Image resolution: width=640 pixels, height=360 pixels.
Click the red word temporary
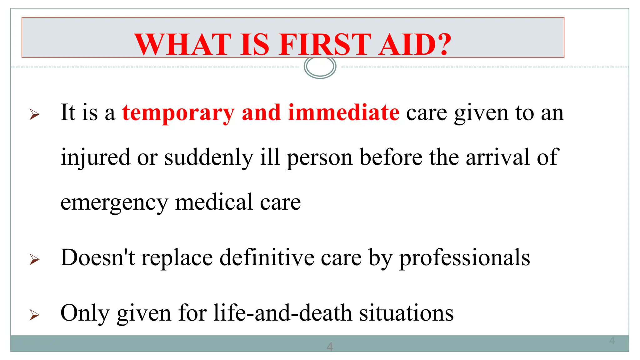coord(178,113)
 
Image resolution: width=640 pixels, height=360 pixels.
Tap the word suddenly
coord(209,157)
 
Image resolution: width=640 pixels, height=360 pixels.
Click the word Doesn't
coord(98,257)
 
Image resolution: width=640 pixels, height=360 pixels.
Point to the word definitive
coord(267,257)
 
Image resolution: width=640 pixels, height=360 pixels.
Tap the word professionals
coord(465,258)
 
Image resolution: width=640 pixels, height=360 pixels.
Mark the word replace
coord(177,258)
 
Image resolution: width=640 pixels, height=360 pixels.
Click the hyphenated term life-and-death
coord(283,313)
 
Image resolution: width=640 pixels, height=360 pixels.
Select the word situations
coord(406,313)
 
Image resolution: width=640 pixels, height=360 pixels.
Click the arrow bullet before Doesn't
coord(34,259)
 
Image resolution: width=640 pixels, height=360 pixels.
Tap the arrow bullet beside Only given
coord(34,315)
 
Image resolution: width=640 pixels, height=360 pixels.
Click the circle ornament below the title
coord(320,67)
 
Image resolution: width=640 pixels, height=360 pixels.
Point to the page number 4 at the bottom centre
coord(329,347)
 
